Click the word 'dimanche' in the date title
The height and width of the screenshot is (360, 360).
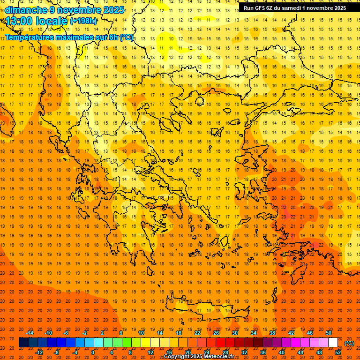pyautogui.click(x=26, y=10)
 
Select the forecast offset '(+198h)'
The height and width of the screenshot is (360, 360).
pyautogui.click(x=83, y=21)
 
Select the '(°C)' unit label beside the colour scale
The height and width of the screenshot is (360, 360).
pyautogui.click(x=349, y=343)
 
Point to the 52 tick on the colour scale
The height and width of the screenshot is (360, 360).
pyautogui.click(x=338, y=352)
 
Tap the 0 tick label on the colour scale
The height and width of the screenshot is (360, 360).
pyautogui.click(x=93, y=352)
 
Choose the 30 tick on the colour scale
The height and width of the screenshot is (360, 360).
pyautogui.click(x=235, y=333)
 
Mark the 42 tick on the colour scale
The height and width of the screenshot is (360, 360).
pyautogui.click(x=291, y=333)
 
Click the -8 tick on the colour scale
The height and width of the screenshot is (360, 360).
pyautogui.click(x=56, y=352)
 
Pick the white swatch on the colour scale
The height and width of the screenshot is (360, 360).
pyautogui.click(x=333, y=343)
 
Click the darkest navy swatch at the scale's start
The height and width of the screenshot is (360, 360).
pyautogui.click(x=23, y=343)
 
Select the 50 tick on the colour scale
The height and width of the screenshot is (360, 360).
pyautogui.click(x=329, y=333)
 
